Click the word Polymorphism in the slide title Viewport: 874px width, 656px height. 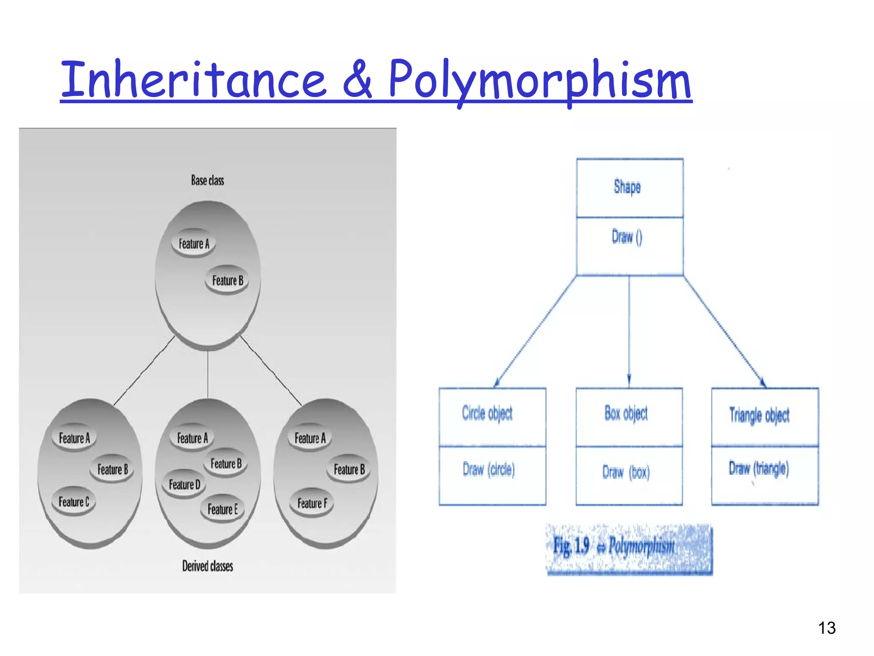coord(539,80)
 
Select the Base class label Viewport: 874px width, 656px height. coord(207,180)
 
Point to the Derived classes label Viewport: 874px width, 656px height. coord(207,566)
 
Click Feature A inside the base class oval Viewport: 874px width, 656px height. coord(194,244)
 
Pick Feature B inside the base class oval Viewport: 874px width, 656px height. coord(227,281)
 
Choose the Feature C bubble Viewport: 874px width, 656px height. coord(74,502)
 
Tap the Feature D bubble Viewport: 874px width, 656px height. coord(184,485)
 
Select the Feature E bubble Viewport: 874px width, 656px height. coord(222,509)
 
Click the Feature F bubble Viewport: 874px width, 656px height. coord(312,503)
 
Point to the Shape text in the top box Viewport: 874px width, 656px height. coord(627,187)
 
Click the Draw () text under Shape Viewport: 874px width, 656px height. coord(627,237)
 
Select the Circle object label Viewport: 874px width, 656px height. coord(487,413)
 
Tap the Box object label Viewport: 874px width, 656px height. coord(626,413)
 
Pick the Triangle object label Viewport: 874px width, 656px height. coord(759,415)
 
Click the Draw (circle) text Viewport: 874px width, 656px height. coord(489,469)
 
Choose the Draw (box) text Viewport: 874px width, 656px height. coord(626,472)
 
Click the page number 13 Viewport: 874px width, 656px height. coord(827,628)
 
